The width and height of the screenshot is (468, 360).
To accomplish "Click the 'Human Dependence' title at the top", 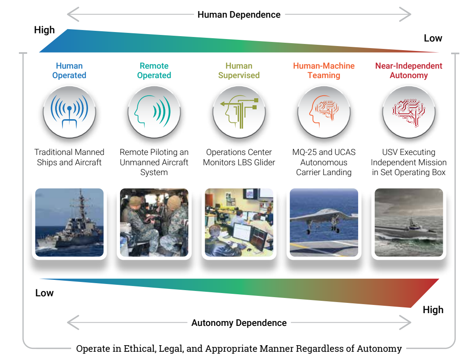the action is point(239,15).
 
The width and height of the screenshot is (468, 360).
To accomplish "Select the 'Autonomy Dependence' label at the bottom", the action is point(239,323).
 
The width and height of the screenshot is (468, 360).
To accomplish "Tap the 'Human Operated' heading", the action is point(69,70).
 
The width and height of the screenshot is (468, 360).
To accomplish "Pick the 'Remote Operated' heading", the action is point(154,70).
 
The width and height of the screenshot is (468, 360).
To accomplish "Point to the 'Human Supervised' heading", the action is point(239,70).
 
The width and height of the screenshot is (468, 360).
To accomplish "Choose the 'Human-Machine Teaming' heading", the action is point(324,70).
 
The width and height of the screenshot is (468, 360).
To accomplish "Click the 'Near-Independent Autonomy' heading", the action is point(409,70).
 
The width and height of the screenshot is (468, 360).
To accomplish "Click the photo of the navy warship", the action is point(69,222).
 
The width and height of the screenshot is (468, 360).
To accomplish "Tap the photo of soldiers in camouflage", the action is point(154,222).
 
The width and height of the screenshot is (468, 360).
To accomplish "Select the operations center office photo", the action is point(239,222).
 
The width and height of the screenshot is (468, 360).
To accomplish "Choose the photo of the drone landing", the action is point(324,222).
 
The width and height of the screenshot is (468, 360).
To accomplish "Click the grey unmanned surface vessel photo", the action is point(409,222).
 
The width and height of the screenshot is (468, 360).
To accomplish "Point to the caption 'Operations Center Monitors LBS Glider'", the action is point(239,157).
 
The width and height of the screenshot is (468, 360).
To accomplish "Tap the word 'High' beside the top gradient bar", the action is point(44,30).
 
